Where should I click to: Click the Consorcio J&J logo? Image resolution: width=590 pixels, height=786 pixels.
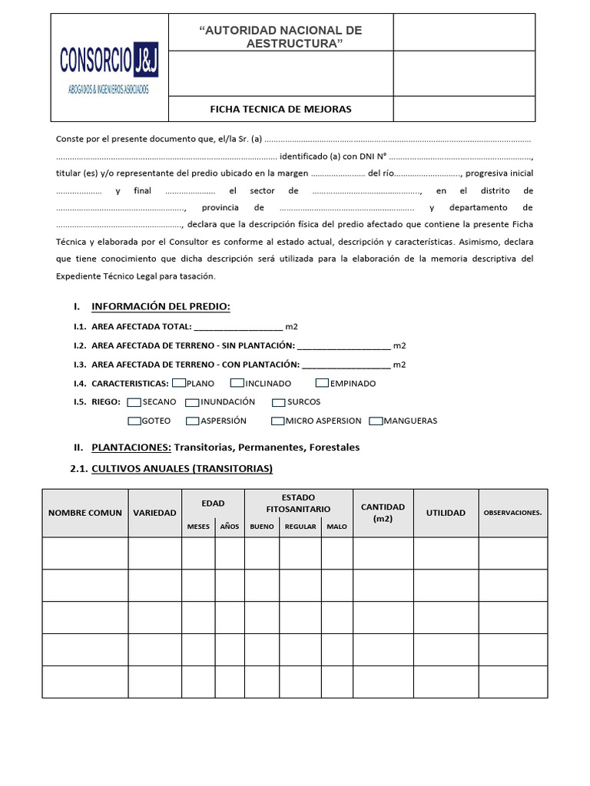(x=108, y=68)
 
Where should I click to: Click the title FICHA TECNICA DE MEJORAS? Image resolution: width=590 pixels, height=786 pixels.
(x=280, y=109)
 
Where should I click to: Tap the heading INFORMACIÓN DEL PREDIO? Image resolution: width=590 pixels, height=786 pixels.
(x=161, y=307)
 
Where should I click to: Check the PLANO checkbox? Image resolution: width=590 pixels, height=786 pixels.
(x=179, y=382)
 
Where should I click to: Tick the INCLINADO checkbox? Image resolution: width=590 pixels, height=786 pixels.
(x=237, y=382)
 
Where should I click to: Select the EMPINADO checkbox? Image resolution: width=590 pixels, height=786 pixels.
(x=323, y=382)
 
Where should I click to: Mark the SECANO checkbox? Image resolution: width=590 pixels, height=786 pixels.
(x=134, y=401)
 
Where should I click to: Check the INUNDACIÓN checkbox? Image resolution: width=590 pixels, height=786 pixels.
(x=193, y=401)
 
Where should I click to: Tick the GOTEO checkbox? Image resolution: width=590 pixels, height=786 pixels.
(x=134, y=421)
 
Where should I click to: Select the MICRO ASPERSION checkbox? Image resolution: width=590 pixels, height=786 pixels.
(x=278, y=421)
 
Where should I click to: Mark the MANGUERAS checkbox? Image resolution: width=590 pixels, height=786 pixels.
(x=376, y=421)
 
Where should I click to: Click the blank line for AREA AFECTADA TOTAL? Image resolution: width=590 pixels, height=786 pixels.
(x=238, y=327)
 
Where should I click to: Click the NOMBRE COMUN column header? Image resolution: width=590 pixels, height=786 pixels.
(x=85, y=513)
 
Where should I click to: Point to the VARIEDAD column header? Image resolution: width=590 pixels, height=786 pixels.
(x=154, y=513)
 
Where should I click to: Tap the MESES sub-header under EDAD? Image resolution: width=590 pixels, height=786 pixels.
(x=197, y=527)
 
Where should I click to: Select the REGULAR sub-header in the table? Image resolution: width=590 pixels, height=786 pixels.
(x=300, y=527)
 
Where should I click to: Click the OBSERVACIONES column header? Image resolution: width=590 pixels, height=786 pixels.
(x=512, y=513)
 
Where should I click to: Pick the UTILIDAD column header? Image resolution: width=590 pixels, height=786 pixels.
(x=446, y=513)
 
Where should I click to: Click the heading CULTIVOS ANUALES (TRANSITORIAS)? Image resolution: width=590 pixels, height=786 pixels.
(x=182, y=468)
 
